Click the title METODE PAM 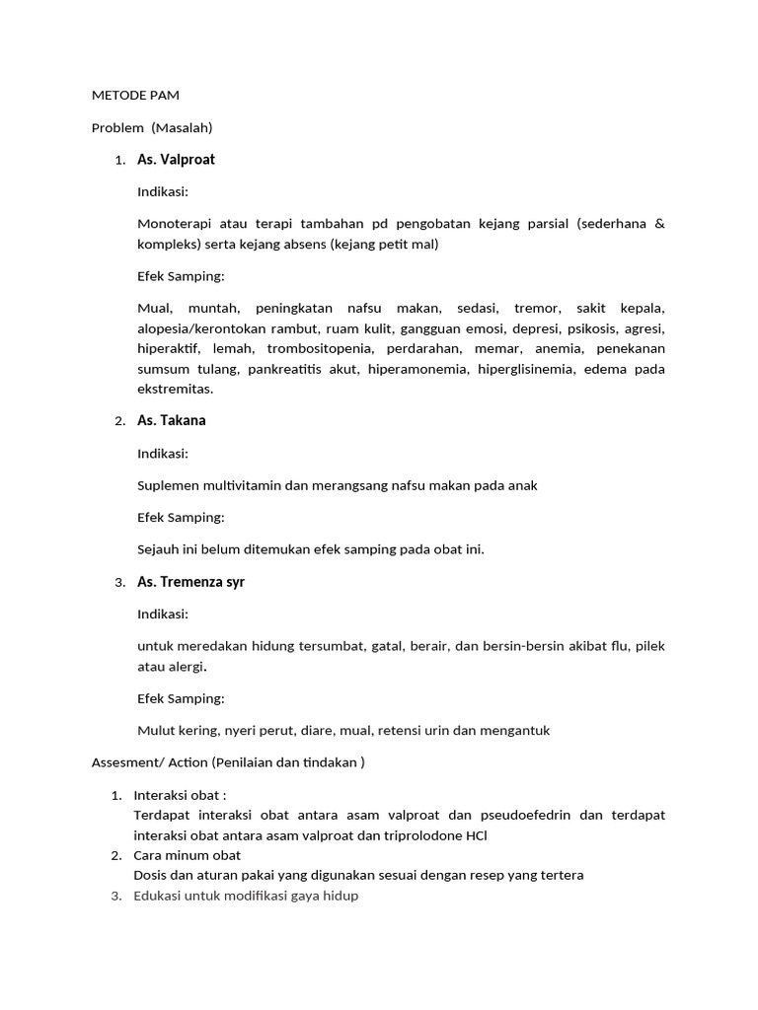click(135, 96)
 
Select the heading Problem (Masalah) click(152, 127)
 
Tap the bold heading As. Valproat click(176, 160)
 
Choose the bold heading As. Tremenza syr click(190, 582)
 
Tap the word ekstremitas click(175, 390)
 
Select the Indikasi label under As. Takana click(163, 454)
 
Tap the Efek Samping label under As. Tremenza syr click(181, 698)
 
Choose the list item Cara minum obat click(187, 855)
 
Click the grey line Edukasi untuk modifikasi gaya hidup click(246, 896)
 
